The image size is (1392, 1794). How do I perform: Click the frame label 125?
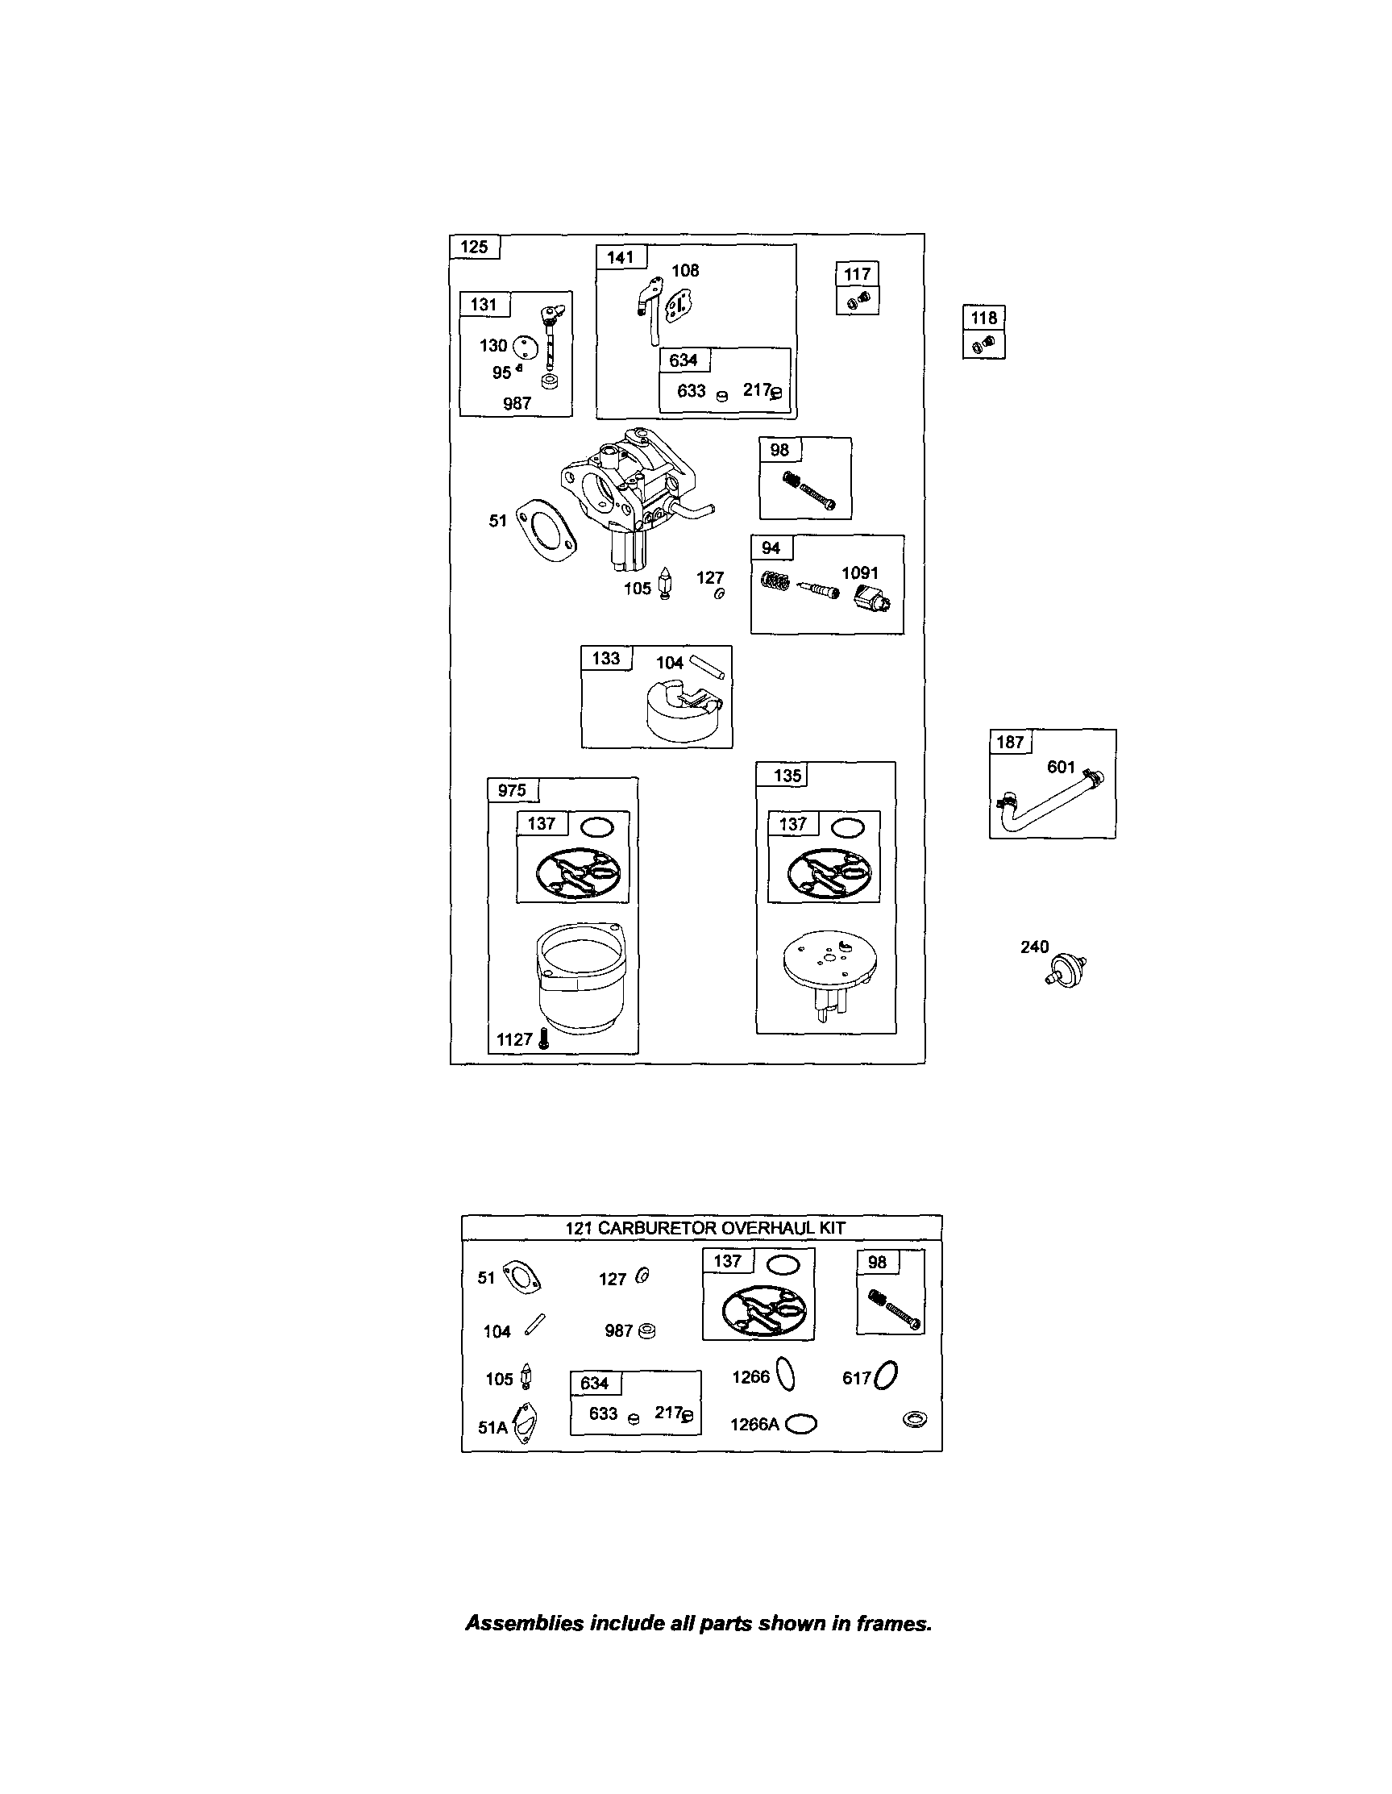(x=474, y=247)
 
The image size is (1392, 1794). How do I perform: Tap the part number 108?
(x=685, y=270)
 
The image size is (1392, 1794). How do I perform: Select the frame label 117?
(x=858, y=274)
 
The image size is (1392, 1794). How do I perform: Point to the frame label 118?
(x=984, y=318)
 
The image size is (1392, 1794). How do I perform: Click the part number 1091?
(x=860, y=572)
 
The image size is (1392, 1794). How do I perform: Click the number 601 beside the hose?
(x=1061, y=767)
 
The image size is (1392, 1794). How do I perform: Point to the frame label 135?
(x=787, y=775)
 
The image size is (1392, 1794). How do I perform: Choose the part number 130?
(x=493, y=346)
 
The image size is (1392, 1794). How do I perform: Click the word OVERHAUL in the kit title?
(x=754, y=1228)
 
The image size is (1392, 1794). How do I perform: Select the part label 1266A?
(x=754, y=1425)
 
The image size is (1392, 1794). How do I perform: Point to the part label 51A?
(x=492, y=1428)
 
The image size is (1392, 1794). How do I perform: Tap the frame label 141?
(x=620, y=257)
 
